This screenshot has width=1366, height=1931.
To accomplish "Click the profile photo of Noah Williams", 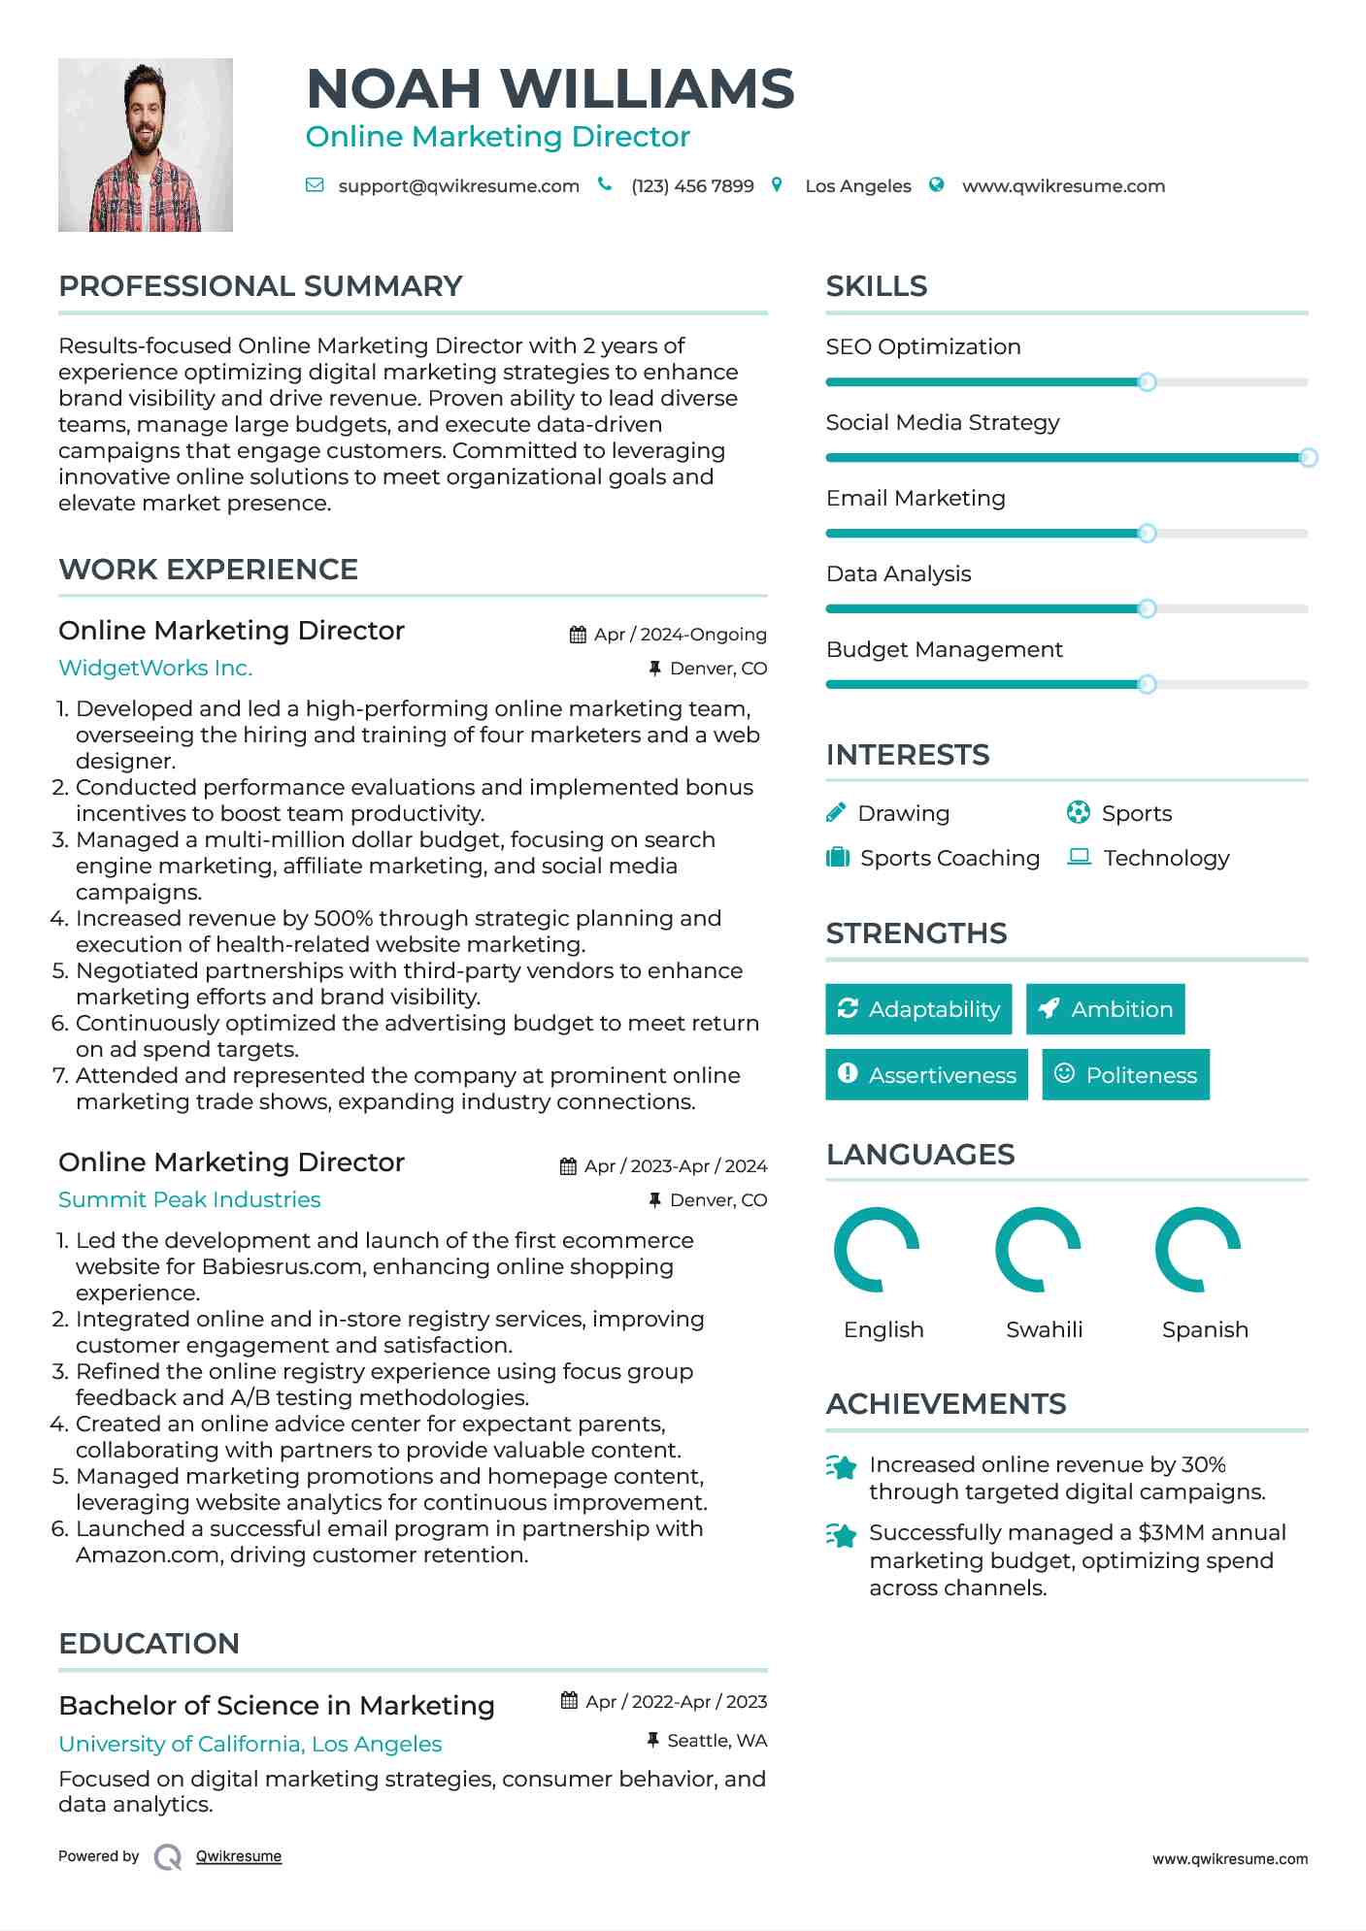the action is coord(146,146).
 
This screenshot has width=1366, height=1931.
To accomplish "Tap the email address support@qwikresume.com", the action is coord(458,186).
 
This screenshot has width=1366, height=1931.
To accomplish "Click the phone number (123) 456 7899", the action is coord(692,186).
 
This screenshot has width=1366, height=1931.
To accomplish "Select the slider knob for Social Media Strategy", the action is coord(1308,457).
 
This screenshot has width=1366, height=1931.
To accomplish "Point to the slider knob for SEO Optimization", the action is coord(1147,382).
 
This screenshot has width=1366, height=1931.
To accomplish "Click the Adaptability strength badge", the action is coord(918,1009).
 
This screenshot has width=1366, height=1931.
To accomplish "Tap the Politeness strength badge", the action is coord(1125,1075).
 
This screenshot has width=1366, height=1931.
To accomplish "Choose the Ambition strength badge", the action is coord(1105,1009).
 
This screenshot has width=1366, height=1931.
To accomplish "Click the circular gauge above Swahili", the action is coord(1038,1250).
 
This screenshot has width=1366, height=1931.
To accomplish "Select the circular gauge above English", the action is coord(877,1250).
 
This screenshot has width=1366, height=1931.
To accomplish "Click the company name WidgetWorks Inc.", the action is coord(155,668).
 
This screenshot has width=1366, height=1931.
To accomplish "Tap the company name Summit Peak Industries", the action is coord(189,1199).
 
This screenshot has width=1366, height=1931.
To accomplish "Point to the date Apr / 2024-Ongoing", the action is coord(680,635).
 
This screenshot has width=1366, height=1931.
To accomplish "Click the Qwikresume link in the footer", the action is coord(239,1856).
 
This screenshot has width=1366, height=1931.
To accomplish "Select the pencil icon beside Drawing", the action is coord(836,813).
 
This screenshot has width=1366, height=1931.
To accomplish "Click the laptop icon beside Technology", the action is coord(1079,857).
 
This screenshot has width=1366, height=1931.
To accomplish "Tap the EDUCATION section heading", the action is coord(150,1644).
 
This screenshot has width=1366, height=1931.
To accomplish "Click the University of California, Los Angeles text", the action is coord(250,1744).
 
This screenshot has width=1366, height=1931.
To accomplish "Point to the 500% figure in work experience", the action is coord(344,918).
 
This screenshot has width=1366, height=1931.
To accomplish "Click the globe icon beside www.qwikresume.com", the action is coord(936,185).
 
